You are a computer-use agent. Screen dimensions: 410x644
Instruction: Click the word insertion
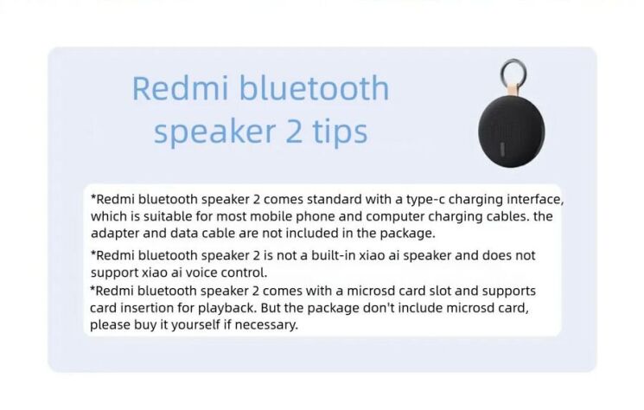(150, 308)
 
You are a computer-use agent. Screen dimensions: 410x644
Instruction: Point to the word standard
(316, 199)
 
